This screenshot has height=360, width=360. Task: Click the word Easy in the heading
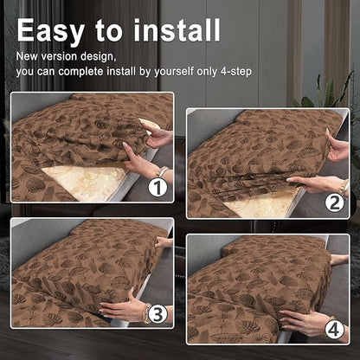point(51,31)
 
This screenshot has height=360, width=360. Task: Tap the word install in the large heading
point(177,29)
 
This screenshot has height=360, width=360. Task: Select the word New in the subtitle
point(27,56)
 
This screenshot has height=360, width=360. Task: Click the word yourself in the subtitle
point(174,72)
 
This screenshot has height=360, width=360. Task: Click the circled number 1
point(157,187)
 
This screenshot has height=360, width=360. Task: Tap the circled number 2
point(335,203)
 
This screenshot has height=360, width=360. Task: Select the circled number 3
point(157,313)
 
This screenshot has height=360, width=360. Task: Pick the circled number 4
point(334,329)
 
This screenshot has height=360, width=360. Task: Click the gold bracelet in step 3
point(146,313)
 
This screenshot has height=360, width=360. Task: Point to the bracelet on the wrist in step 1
point(162,172)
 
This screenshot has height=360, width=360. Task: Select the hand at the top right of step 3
point(164,242)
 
